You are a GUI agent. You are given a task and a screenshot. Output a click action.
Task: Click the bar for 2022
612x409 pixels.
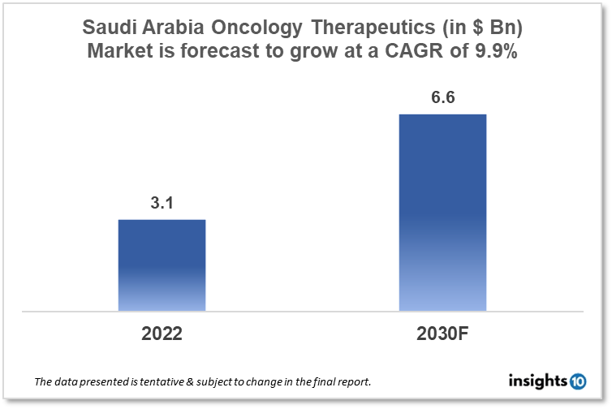162,265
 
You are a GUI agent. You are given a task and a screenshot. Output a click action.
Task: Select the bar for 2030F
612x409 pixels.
442,212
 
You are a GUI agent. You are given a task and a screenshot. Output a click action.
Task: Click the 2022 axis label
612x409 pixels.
162,334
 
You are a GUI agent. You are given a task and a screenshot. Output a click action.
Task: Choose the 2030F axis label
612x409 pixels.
443,334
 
